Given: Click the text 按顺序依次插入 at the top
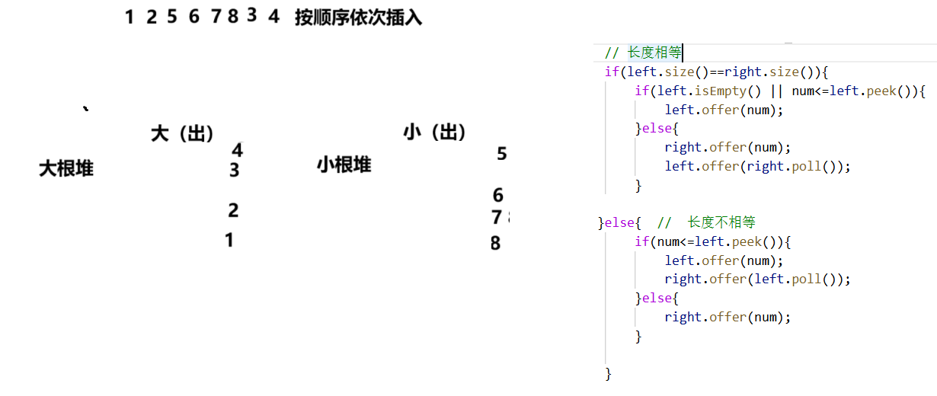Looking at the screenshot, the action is (358, 18).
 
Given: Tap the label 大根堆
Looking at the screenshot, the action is (66, 168).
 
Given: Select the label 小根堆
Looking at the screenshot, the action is (344, 164).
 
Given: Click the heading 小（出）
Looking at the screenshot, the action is (434, 133).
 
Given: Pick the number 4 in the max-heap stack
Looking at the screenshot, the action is (238, 150).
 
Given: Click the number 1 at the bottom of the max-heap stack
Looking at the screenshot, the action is (229, 240).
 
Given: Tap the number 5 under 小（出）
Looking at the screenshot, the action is (501, 154).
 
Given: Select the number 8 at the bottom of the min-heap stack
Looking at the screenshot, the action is (495, 244).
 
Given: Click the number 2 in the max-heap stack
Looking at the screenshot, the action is (233, 210).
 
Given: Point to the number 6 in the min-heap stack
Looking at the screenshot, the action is (497, 196).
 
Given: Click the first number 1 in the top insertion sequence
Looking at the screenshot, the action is (130, 18).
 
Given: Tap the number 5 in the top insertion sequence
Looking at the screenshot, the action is (172, 17).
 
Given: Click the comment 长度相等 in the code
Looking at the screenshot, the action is (654, 53).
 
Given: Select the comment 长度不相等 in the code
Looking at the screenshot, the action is (721, 222).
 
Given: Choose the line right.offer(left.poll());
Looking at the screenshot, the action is (757, 279).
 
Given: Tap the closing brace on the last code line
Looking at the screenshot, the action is (608, 373).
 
